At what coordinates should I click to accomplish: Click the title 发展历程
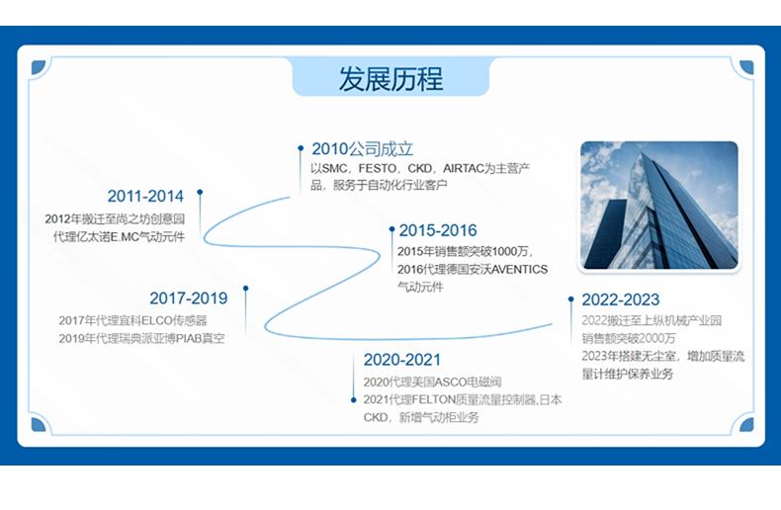(390, 79)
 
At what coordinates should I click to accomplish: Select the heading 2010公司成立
(363, 149)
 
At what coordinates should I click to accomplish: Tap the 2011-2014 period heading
(145, 197)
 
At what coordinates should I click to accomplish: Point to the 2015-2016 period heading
(438, 230)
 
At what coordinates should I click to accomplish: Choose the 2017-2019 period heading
(188, 297)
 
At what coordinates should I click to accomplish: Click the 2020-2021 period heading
(402, 360)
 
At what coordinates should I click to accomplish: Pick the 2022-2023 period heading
(621, 299)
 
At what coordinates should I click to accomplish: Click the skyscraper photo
(659, 206)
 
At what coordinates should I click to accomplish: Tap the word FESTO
(378, 168)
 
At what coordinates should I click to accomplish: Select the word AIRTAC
(464, 168)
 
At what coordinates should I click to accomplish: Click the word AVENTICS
(519, 270)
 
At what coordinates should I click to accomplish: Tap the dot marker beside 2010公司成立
(301, 148)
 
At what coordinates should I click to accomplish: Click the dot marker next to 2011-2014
(200, 192)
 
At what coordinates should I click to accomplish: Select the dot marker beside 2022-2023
(570, 298)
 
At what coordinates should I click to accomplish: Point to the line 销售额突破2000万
(628, 339)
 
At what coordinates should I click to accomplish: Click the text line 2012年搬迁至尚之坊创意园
(115, 219)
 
